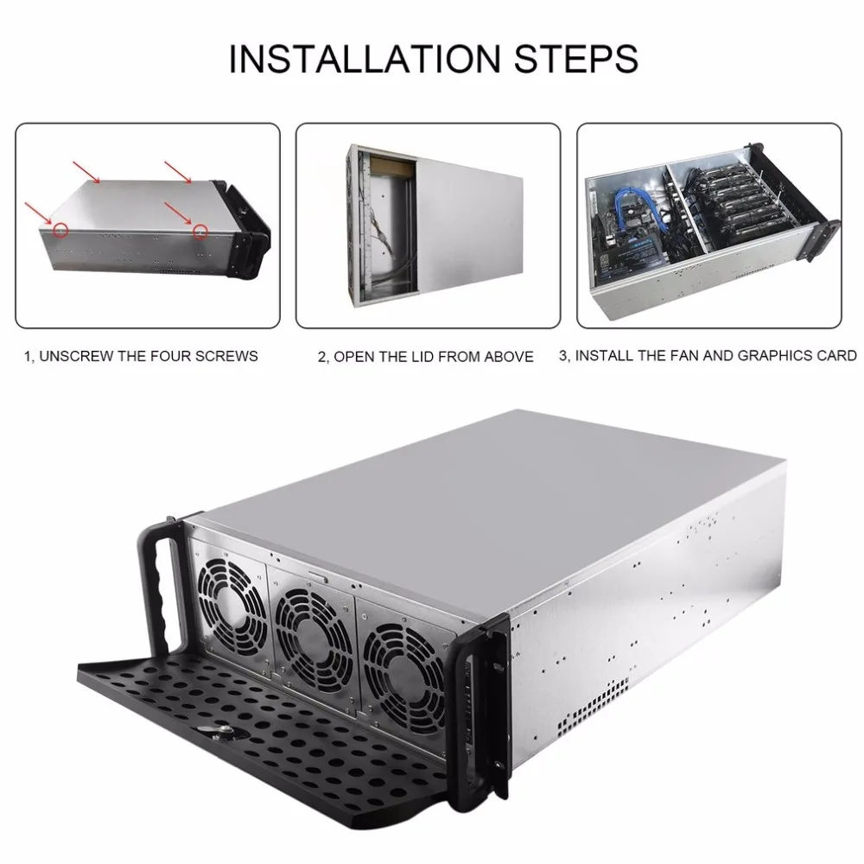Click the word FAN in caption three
683,355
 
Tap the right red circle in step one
201,231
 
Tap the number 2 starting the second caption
321,356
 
